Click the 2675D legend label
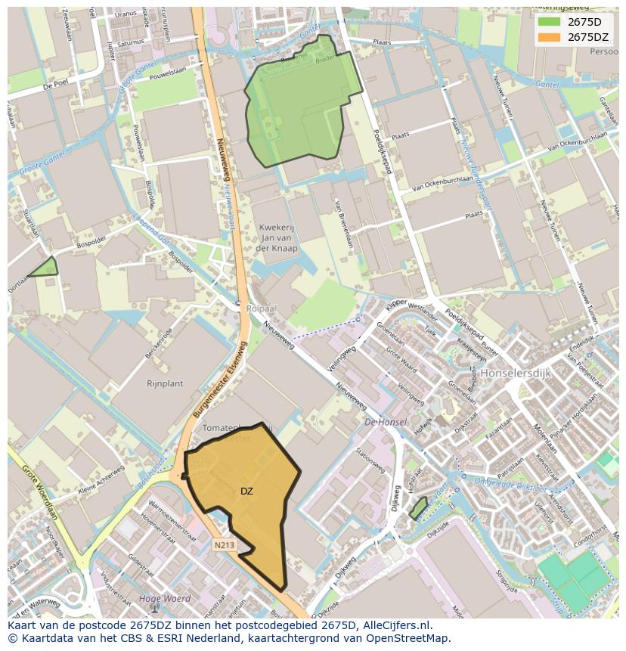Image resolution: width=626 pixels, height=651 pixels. (x=584, y=22)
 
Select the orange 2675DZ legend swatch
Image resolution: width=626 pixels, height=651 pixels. (x=550, y=37)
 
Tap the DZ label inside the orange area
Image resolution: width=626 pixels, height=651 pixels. (x=246, y=491)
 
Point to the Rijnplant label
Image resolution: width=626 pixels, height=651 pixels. (x=165, y=383)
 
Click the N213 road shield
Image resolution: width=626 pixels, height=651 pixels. (x=223, y=544)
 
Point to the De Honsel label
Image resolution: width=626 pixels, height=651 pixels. (x=386, y=422)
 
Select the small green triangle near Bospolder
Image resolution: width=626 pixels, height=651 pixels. (x=45, y=268)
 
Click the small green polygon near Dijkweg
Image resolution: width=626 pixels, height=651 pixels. (x=418, y=507)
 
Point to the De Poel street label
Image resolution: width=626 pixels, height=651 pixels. (x=57, y=86)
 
